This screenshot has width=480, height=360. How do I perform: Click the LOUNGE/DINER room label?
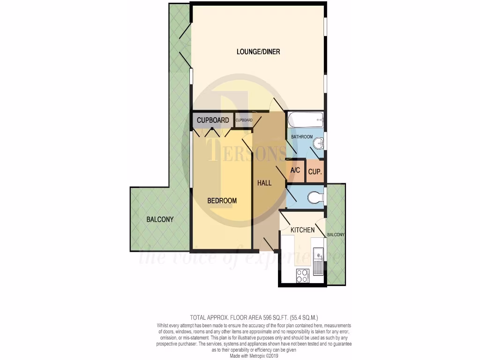click(258, 52)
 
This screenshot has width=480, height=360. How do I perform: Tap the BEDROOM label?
click(222, 201)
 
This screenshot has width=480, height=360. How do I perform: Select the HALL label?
click(264, 183)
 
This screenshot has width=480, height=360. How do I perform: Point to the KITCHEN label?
click(302, 230)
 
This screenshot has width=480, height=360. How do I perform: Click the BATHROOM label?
click(302, 137)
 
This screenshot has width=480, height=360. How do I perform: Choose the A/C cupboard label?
click(295, 170)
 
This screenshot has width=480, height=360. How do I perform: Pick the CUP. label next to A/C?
click(315, 172)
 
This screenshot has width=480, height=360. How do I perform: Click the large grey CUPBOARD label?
click(213, 120)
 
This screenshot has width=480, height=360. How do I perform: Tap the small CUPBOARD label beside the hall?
click(244, 120)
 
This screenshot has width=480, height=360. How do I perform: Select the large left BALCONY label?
click(160, 219)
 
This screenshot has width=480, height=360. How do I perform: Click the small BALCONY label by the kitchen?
click(336, 235)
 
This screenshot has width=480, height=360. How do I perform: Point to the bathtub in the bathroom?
click(305, 120)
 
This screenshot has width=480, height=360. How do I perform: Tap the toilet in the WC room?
click(315, 197)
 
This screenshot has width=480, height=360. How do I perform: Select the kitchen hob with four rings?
click(302, 276)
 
